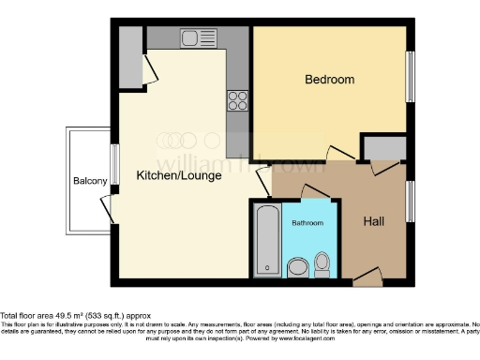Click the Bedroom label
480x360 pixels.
330,81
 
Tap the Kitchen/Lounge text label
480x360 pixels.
179,175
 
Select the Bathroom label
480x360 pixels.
307,224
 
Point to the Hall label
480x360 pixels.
377,222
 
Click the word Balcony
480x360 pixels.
91,181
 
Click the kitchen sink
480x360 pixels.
198,38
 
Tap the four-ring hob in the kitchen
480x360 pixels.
236,98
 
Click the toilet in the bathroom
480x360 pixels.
323,262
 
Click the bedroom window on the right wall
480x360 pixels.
409,77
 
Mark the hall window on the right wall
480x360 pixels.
409,201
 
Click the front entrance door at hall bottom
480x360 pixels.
367,278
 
